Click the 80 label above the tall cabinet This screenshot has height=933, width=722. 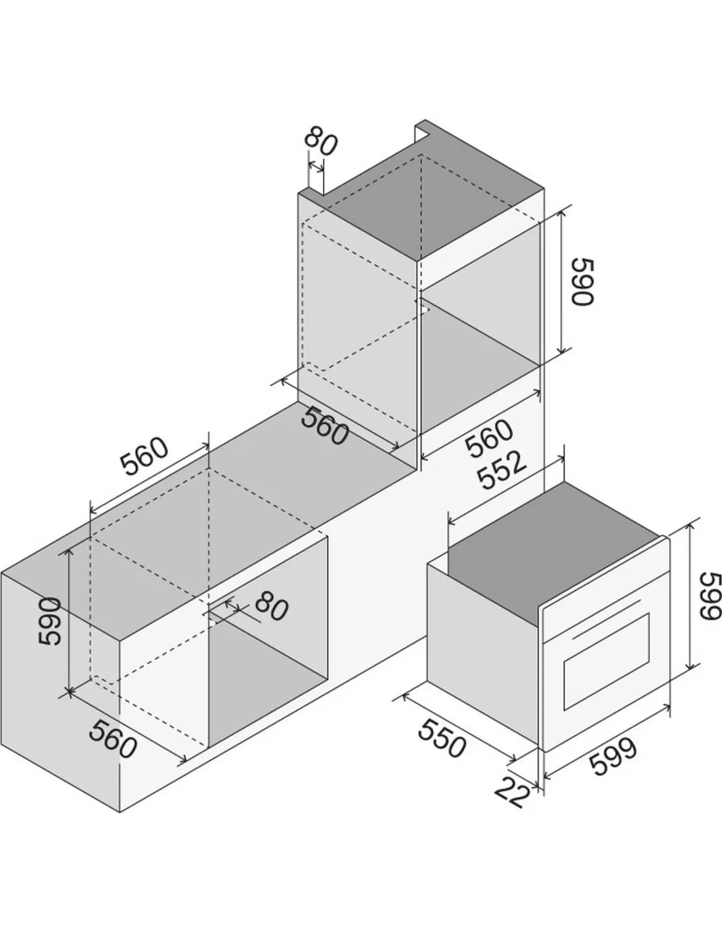pyautogui.click(x=321, y=141)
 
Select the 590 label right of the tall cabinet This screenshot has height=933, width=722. pyautogui.click(x=582, y=282)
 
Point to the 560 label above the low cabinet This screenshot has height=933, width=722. pyautogui.click(x=144, y=456)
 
